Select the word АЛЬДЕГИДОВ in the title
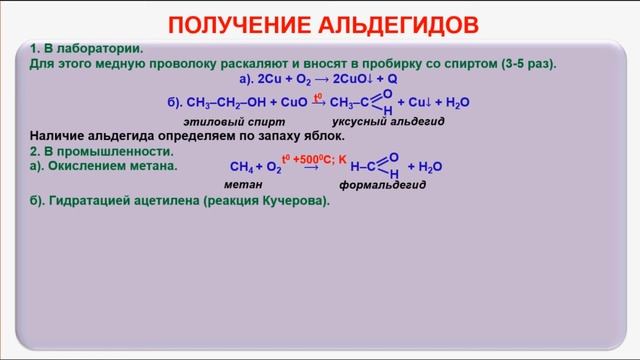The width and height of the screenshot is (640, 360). point(400,23)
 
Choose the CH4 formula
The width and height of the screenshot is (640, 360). point(241,168)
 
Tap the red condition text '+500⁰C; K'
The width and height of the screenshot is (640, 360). point(320,158)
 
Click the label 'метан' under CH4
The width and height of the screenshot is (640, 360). point(243,185)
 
